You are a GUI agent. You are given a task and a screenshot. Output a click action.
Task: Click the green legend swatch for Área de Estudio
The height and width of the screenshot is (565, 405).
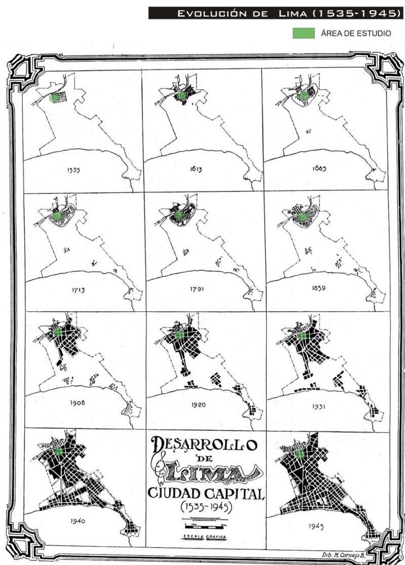point(303,33)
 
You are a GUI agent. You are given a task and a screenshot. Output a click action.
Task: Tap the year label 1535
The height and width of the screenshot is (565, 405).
point(73,171)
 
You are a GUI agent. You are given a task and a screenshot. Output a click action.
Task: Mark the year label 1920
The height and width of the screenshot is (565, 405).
point(197,406)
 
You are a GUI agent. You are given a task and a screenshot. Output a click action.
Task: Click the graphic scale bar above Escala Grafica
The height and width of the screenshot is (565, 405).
point(204,521)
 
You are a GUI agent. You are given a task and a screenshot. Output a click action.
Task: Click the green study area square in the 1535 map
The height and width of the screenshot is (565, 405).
point(54,98)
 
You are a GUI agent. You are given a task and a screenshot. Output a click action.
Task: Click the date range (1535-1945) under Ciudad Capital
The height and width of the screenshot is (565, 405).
point(205,506)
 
